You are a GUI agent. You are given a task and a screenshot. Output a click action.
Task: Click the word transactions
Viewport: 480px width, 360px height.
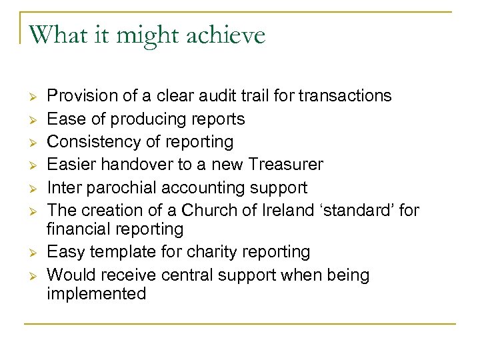click(x=345, y=96)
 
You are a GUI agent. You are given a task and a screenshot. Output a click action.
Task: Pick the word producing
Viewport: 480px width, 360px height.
click(x=144, y=119)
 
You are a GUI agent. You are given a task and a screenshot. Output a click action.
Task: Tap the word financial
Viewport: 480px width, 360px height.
click(x=79, y=229)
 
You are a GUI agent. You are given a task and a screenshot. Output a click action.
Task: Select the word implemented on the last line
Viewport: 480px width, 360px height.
click(x=96, y=294)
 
